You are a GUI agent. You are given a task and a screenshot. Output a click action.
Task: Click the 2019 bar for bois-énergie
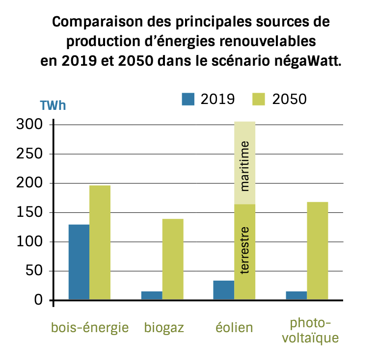pyautogui.click(x=79, y=262)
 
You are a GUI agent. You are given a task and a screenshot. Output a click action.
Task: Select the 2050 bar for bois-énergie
pyautogui.click(x=100, y=242)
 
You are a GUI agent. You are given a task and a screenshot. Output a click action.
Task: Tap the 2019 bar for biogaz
pyautogui.click(x=152, y=295)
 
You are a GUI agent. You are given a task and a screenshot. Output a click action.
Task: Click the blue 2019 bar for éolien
pyautogui.click(x=224, y=290)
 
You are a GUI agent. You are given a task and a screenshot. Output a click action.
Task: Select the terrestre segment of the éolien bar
pyautogui.click(x=245, y=252)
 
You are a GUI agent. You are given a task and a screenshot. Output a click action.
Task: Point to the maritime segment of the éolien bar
pyautogui.click(x=245, y=163)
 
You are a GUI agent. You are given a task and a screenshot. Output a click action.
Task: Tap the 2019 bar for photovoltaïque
pyautogui.click(x=296, y=295)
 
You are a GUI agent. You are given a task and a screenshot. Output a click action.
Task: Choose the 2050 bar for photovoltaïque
pyautogui.click(x=317, y=250)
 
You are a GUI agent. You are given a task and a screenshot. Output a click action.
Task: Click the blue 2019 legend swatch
pyautogui.click(x=188, y=99)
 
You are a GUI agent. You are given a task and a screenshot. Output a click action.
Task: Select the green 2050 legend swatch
pyautogui.click(x=258, y=99)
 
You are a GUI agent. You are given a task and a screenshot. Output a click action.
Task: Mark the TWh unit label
pyautogui.click(x=53, y=105)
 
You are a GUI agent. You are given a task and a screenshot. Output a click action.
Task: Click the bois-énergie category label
pyautogui.click(x=90, y=327)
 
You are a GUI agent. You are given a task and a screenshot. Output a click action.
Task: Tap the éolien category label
pyautogui.click(x=235, y=327)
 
